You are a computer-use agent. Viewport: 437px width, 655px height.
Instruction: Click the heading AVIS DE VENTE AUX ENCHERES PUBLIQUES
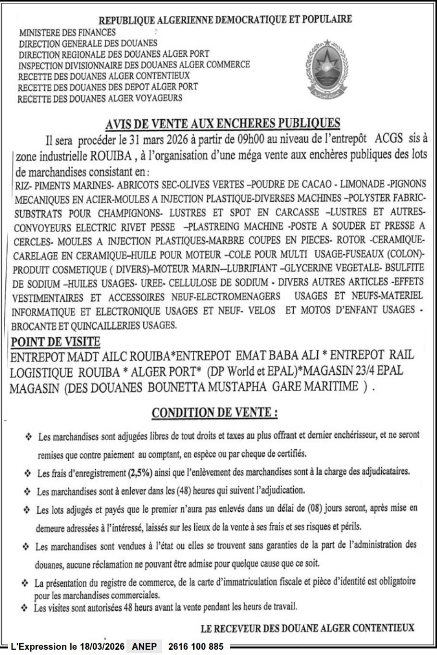pos(223,124)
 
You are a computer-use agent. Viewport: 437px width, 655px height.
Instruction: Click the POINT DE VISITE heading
pos(55,342)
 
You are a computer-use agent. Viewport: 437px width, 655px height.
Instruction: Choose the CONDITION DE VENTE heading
pos(214,413)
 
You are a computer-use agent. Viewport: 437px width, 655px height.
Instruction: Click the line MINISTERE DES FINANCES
pos(67,33)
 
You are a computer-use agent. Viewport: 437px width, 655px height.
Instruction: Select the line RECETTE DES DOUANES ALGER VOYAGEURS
pos(100,98)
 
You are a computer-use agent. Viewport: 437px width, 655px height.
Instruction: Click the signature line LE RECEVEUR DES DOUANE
pos(308,628)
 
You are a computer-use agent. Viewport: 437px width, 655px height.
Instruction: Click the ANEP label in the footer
pos(144,647)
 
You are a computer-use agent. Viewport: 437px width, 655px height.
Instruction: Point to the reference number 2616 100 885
pos(196,647)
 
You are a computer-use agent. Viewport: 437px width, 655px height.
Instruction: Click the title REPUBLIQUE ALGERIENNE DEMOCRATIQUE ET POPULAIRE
pos(225,20)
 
